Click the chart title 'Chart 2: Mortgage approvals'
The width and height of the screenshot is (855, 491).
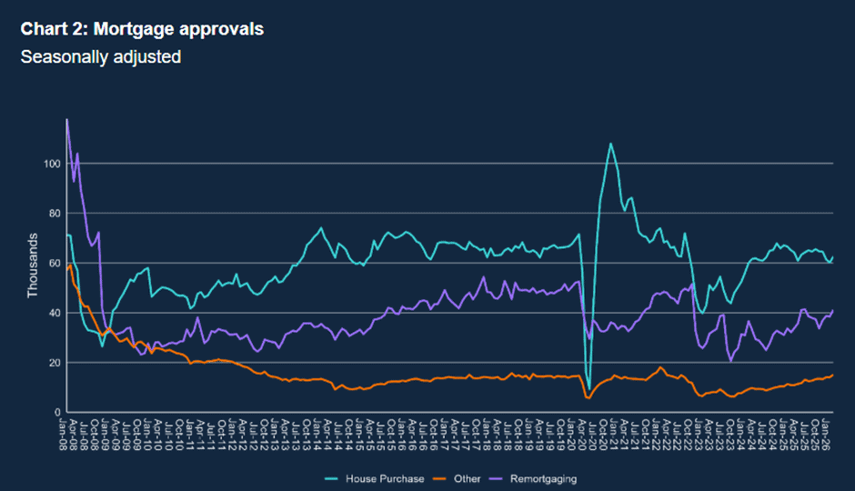142,29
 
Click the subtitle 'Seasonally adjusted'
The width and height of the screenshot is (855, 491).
101,56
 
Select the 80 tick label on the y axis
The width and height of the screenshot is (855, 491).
52,214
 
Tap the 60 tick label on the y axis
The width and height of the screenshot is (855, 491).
52,264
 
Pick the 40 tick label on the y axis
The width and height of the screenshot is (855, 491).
52,313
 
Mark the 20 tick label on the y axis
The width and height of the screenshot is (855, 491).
52,363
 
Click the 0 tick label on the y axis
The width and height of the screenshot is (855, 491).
55,412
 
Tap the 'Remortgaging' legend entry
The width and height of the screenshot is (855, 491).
542,478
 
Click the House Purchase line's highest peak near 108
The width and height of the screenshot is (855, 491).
610,144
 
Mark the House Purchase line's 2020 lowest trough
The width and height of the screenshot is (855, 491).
588,389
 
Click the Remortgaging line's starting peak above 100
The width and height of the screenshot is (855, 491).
66,119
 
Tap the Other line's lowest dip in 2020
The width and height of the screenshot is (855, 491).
588,398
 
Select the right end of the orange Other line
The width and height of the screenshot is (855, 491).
832,375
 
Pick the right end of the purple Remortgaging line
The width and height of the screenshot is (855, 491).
832,311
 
